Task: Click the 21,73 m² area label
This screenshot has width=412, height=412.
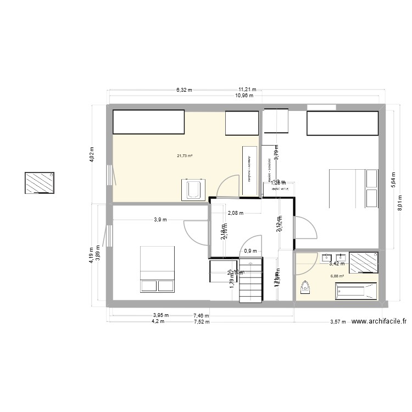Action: [x=184, y=156]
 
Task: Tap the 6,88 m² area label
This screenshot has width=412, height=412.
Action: [x=337, y=276]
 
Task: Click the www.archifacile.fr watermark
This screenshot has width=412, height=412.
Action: [x=380, y=323]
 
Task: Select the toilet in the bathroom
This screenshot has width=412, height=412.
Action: [x=305, y=287]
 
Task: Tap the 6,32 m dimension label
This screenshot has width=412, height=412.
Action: [x=184, y=89]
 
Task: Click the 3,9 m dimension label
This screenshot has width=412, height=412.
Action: [x=160, y=219]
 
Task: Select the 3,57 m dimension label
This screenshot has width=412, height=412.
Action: [x=338, y=322]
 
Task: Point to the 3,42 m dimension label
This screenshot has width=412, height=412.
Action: [x=336, y=264]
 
